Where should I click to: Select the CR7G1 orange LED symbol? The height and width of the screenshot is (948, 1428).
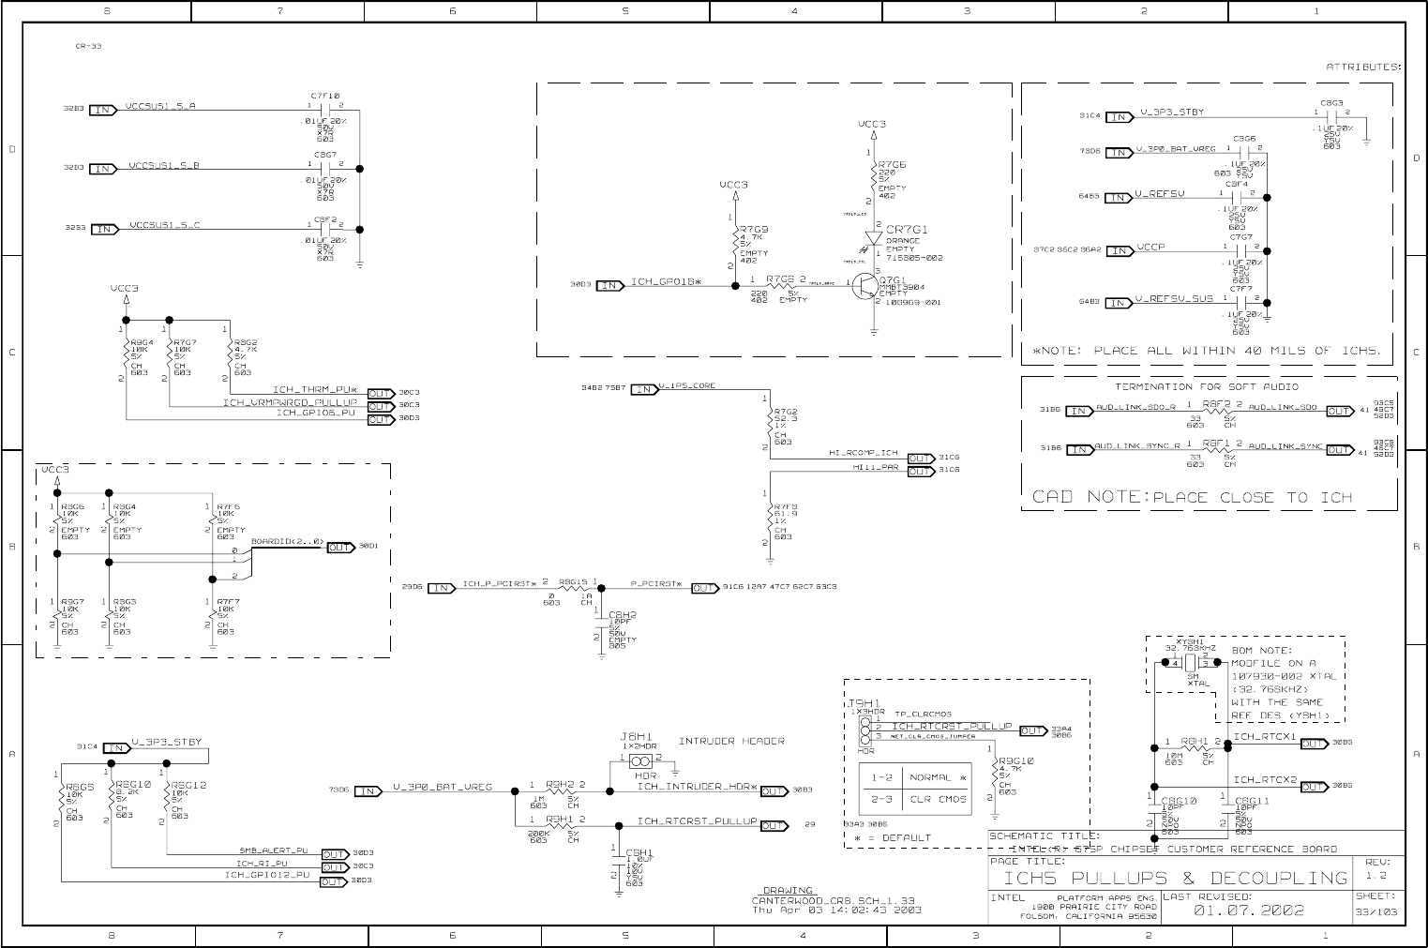point(874,239)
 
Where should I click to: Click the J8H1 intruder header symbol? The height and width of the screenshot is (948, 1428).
point(641,760)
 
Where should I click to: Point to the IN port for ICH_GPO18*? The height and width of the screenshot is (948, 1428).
point(609,285)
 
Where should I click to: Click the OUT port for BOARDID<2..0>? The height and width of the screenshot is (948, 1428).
point(340,548)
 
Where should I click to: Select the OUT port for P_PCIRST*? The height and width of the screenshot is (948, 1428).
point(705,588)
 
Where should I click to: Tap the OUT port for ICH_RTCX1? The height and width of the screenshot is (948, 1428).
point(1314,745)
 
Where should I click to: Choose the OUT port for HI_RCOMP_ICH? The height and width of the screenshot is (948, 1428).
point(921,459)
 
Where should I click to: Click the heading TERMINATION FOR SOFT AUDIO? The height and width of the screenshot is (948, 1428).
point(1207,386)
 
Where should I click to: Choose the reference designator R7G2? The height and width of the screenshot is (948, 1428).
point(786,412)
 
